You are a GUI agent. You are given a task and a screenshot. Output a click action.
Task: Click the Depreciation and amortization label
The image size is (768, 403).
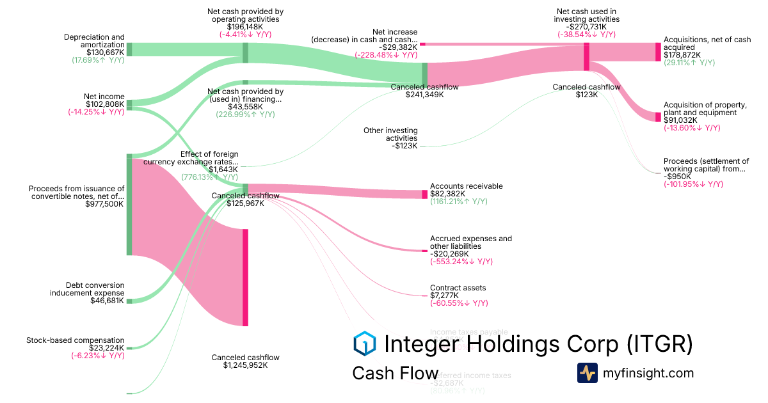[94, 41]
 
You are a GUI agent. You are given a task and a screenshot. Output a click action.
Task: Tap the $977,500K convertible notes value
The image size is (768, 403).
[104, 204]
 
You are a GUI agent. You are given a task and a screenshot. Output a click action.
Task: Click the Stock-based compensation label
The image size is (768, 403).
[76, 340]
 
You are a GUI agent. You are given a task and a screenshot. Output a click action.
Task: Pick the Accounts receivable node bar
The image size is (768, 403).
[424, 194]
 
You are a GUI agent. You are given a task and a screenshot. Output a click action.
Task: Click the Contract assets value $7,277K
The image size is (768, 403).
[445, 296]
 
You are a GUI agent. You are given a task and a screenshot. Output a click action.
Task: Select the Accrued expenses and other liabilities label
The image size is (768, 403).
[470, 242]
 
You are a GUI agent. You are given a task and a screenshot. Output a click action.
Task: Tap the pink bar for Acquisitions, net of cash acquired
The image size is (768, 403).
[657, 52]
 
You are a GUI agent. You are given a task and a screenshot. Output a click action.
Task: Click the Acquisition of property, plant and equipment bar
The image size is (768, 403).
[657, 117]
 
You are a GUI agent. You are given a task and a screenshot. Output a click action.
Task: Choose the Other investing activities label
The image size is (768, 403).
[390, 134]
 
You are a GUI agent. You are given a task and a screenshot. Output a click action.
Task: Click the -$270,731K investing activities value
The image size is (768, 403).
[586, 27]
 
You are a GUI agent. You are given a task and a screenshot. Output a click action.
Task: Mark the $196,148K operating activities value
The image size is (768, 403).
[245, 27]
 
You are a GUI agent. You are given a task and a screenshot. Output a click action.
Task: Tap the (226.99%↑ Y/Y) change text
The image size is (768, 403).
[245, 115]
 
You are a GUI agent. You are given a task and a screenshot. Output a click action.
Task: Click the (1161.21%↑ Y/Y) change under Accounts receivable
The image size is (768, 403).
[458, 201]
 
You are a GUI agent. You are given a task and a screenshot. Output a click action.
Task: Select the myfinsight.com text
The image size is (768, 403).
[648, 373]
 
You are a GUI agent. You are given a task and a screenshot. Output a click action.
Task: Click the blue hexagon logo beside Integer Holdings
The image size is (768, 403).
[364, 344]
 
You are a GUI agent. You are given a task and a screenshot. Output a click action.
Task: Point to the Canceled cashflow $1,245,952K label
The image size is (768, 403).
[245, 361]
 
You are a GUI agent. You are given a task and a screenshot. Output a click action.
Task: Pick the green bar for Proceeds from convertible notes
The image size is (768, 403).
[129, 205]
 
